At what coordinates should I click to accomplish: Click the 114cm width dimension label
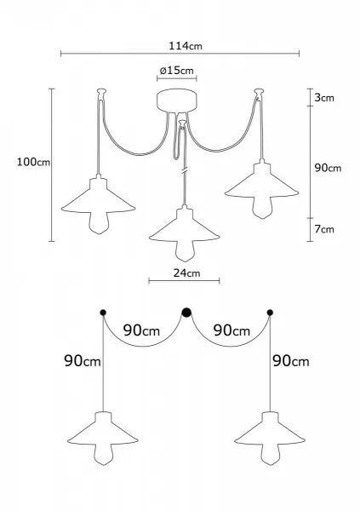(185, 46)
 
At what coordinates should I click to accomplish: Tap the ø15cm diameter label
(176, 71)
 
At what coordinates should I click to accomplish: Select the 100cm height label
(33, 162)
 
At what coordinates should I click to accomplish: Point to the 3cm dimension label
(324, 97)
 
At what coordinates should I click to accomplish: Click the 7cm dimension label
(324, 229)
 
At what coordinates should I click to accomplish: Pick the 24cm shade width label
(186, 273)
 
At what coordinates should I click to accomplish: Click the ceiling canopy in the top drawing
(177, 100)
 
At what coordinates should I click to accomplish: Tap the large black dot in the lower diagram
(186, 313)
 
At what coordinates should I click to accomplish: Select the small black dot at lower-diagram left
(103, 313)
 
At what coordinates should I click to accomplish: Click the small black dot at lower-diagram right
(270, 313)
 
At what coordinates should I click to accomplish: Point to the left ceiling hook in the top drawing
(101, 94)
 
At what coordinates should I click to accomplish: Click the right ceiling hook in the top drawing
(259, 94)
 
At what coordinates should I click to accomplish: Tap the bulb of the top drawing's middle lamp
(185, 251)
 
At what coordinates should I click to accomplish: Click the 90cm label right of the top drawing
(328, 168)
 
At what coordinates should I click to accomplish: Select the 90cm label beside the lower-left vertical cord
(83, 361)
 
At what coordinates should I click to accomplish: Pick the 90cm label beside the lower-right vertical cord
(291, 361)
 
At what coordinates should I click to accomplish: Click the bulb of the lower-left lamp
(103, 454)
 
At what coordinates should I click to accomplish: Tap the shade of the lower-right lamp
(270, 430)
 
